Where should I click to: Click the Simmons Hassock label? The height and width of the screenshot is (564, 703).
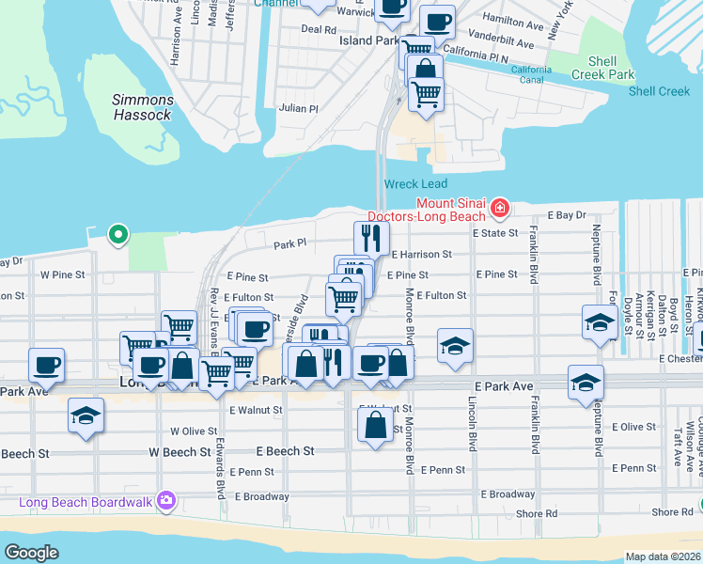[x=142, y=107]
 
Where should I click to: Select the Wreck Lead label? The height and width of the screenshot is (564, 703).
[x=415, y=184]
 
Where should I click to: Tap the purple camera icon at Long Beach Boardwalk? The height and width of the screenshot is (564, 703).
[x=167, y=499]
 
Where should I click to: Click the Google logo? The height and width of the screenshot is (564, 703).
[x=31, y=552]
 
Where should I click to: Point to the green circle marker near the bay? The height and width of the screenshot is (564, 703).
[x=117, y=233]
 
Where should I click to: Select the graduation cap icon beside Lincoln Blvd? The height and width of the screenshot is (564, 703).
[x=455, y=346]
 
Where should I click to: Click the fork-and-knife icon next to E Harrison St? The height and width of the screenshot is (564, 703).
[x=371, y=239]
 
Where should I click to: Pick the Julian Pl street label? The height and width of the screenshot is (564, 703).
[x=299, y=108]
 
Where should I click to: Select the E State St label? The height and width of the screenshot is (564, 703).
[x=495, y=232]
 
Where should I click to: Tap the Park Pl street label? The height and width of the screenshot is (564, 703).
[x=289, y=244]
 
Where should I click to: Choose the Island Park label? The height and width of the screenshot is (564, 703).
[x=367, y=41]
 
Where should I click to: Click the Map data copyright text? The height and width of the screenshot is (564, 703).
[x=663, y=556]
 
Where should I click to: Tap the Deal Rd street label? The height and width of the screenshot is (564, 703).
[x=312, y=29]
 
